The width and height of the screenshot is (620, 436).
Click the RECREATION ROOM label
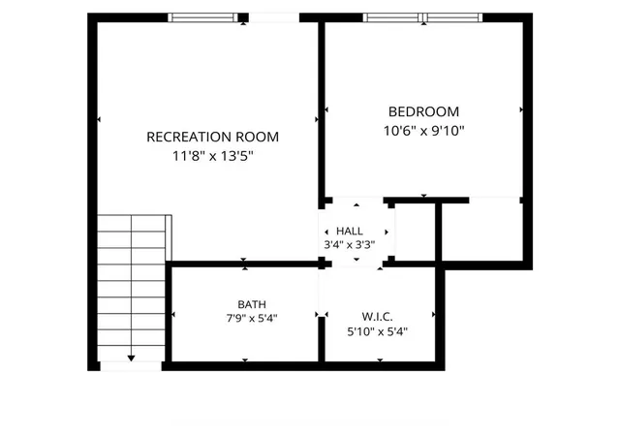click(213, 137)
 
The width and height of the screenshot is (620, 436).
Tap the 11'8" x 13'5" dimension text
click(213, 156)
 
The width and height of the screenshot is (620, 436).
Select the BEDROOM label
click(424, 111)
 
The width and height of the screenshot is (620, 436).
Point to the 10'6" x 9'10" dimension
click(424, 131)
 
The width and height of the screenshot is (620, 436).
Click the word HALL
click(350, 231)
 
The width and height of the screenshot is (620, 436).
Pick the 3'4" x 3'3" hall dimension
click(350, 245)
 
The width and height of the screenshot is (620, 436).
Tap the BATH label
click(252, 304)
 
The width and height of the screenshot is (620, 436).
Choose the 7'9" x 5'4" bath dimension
click(252, 318)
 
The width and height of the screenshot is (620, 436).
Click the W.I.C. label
click(377, 317)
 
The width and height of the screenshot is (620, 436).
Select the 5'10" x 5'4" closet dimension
click(377, 331)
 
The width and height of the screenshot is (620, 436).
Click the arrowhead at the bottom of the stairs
click(132, 358)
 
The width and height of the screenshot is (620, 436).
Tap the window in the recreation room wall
click(202, 17)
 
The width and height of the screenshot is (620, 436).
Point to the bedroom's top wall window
click(422, 17)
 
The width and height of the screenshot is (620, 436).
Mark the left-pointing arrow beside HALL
click(326, 233)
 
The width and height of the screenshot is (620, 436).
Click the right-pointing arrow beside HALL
click(387, 233)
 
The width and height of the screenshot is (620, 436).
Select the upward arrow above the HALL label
click(356, 205)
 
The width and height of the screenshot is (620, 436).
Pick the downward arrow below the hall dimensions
click(356, 260)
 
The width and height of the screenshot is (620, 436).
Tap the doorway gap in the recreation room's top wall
click(273, 17)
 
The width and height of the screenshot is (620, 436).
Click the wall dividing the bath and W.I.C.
click(322, 339)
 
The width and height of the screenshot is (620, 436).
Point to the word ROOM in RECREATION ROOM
click(258, 137)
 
